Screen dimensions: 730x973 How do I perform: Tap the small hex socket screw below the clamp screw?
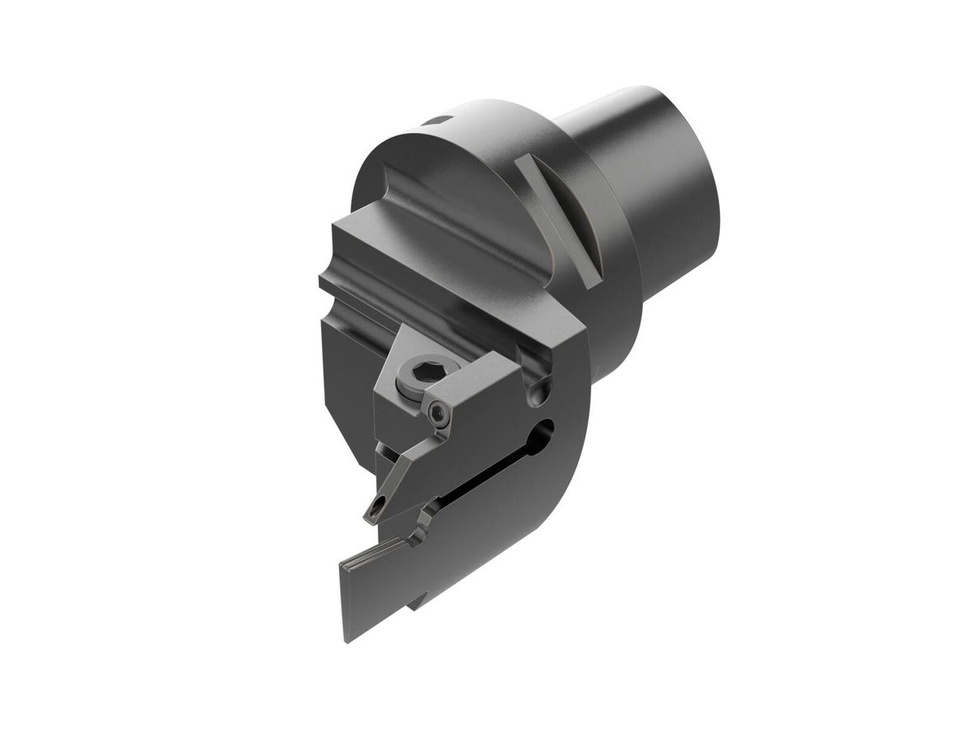(x=438, y=414)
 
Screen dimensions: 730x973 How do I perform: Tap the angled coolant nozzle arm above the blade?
(x=405, y=470)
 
